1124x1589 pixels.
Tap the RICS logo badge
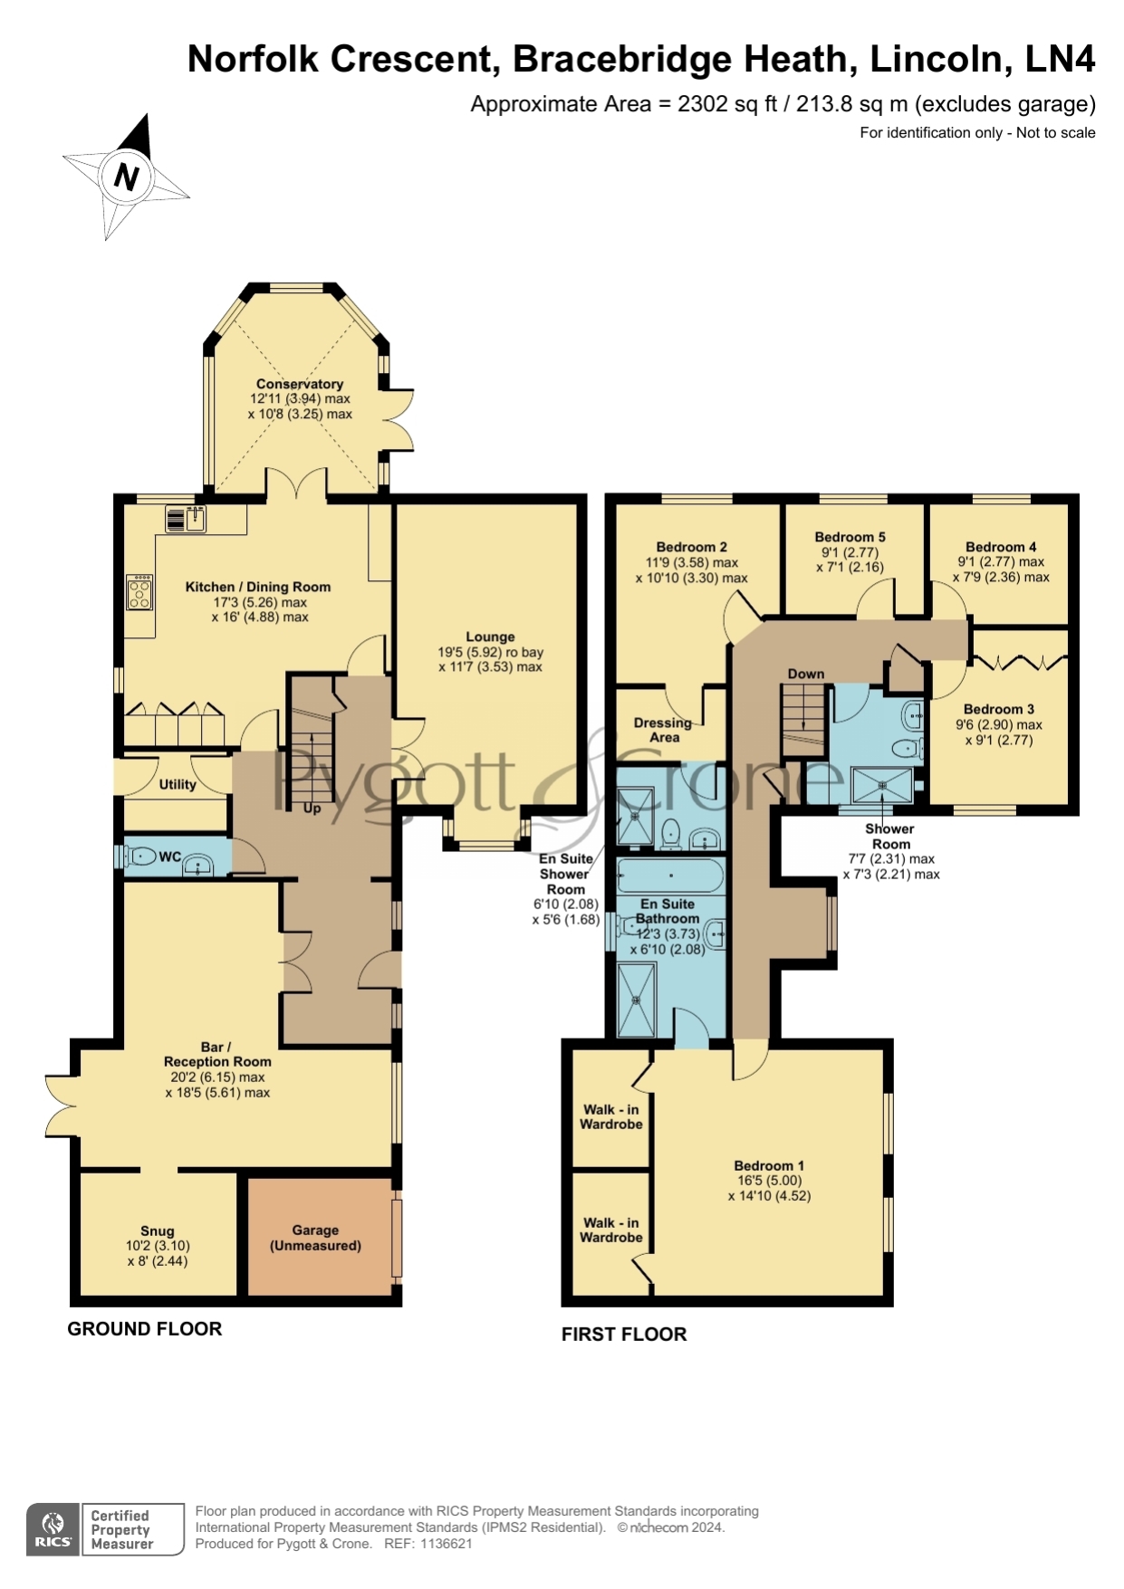click(53, 1529)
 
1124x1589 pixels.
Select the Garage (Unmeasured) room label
click(315, 1238)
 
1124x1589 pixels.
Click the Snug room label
click(158, 1230)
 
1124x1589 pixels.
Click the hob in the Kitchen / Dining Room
click(139, 592)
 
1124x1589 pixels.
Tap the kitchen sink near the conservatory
click(187, 519)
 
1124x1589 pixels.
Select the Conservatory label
click(300, 384)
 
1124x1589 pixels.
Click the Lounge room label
click(490, 637)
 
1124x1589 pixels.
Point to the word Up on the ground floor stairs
click(312, 808)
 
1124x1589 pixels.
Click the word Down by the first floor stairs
click(806, 674)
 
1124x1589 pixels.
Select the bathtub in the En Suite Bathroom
click(670, 876)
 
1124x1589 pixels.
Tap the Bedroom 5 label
click(850, 537)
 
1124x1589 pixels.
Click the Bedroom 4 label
click(1001, 547)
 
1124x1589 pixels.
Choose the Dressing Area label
click(663, 730)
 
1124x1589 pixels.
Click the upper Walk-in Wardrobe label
click(611, 1116)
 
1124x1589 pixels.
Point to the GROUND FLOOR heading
click(145, 1328)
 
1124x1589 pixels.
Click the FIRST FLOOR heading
click(624, 1334)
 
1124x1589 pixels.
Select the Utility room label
click(178, 784)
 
